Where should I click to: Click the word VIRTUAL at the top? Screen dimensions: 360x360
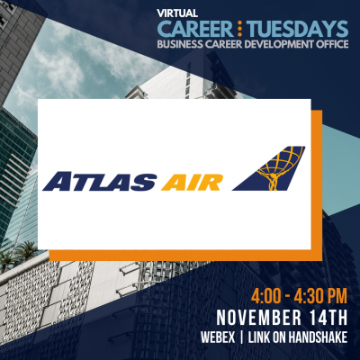(x=177, y=13)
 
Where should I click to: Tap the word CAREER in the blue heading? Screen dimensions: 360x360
(x=195, y=29)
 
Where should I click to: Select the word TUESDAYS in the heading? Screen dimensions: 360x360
(x=299, y=29)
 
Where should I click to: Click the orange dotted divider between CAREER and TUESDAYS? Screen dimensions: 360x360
(x=240, y=29)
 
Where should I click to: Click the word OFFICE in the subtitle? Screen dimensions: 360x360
(x=332, y=44)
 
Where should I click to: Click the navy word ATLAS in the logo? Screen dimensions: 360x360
(x=100, y=182)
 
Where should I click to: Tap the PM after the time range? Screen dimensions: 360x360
(x=337, y=296)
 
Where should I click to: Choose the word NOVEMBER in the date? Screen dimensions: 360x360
(x=259, y=318)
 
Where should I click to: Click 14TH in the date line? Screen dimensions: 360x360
(x=329, y=318)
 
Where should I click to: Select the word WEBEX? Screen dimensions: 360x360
(x=218, y=337)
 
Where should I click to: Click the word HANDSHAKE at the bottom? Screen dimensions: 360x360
(x=318, y=337)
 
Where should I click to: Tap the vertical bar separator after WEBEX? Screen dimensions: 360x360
(x=242, y=337)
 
